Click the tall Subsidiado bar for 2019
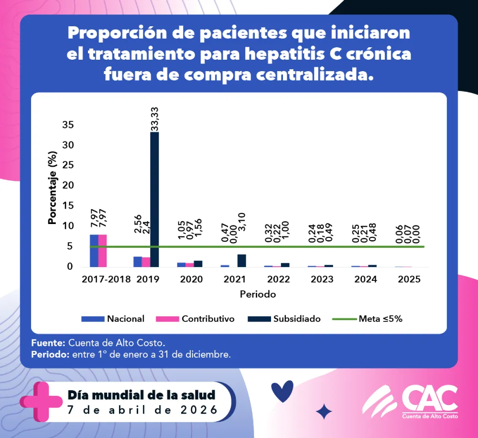click(154, 199)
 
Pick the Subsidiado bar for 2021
click(242, 260)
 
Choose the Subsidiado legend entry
click(284, 319)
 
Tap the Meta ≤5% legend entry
click(369, 319)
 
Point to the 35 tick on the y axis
click(68, 125)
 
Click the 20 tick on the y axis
click(68, 185)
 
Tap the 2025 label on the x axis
click(409, 279)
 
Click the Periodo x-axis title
click(258, 294)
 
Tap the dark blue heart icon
click(282, 391)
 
